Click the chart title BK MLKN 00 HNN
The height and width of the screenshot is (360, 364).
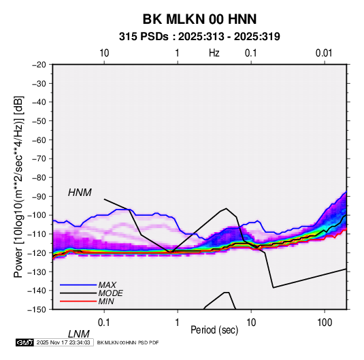199,19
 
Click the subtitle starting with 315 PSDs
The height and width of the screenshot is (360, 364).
199,37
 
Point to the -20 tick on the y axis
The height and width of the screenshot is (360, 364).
39,65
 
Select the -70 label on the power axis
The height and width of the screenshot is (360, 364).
39,159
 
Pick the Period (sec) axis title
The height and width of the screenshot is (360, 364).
214,330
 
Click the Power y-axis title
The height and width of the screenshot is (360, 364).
18,187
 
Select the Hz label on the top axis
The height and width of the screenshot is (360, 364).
214,53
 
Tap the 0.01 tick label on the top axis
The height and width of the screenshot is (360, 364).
324,53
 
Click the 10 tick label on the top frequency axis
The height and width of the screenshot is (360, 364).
104,53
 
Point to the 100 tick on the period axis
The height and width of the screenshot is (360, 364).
325,323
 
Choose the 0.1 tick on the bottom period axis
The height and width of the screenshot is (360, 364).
104,323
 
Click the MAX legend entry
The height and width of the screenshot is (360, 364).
107,285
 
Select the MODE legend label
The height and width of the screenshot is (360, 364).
110,293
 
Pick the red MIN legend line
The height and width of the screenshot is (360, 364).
78,301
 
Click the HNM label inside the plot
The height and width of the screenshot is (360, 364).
80,193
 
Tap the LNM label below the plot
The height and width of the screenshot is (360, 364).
78,334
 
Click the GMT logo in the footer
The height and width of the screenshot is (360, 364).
24,342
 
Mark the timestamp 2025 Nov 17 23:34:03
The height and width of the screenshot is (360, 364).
63,342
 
